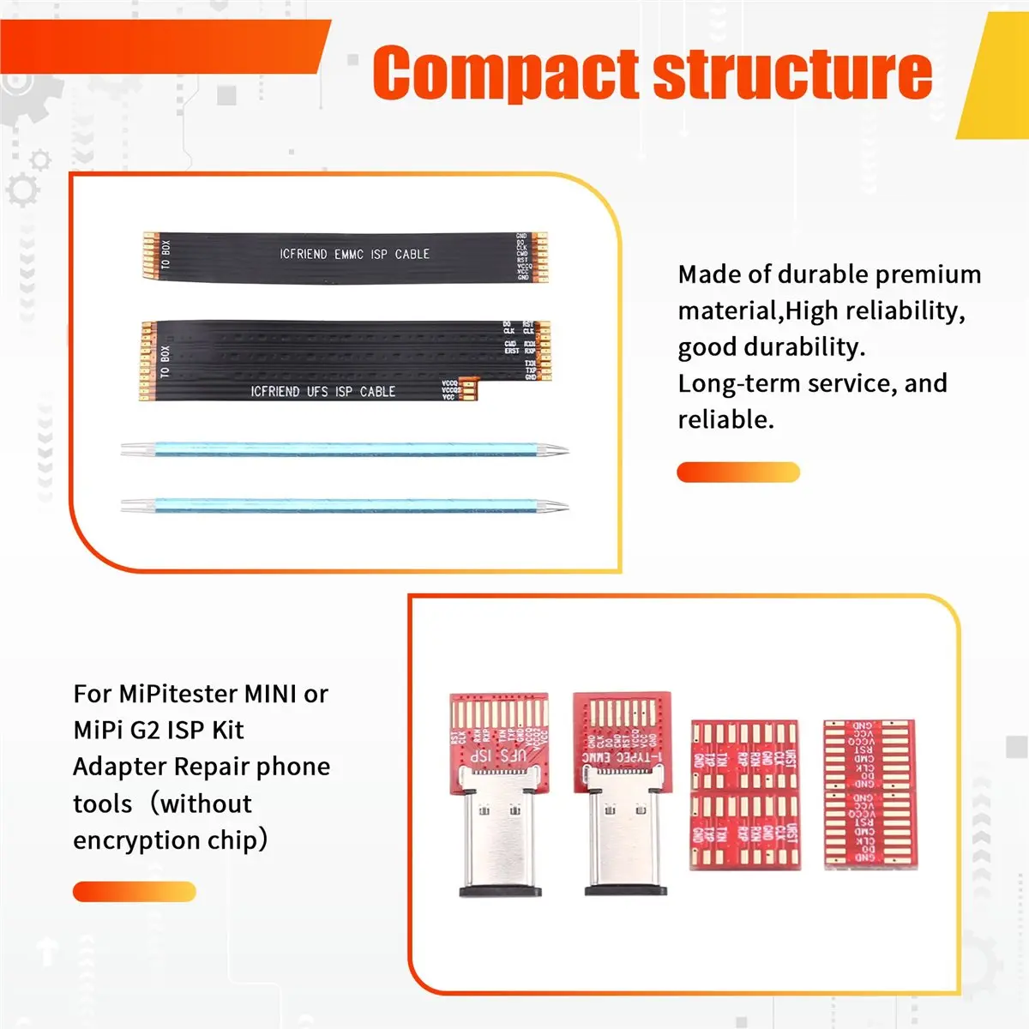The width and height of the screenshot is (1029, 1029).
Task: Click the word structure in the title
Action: point(792,75)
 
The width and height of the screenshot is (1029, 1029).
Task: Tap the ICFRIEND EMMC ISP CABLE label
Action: point(354,254)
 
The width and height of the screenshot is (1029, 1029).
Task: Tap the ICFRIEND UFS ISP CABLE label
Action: point(322,391)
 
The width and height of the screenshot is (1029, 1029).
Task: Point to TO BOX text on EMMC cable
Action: point(165,254)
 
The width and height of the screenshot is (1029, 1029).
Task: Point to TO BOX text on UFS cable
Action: point(165,361)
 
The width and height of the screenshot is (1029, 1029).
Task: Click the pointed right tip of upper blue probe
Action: point(563,449)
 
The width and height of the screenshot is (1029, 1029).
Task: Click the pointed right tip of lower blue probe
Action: point(563,507)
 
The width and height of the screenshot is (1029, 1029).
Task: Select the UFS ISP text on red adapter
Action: point(496,756)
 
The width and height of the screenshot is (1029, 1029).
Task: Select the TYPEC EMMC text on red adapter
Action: point(621,757)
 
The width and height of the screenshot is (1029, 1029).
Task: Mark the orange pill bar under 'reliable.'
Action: point(737,472)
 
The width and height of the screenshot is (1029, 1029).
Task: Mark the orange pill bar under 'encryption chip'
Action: point(134,892)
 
